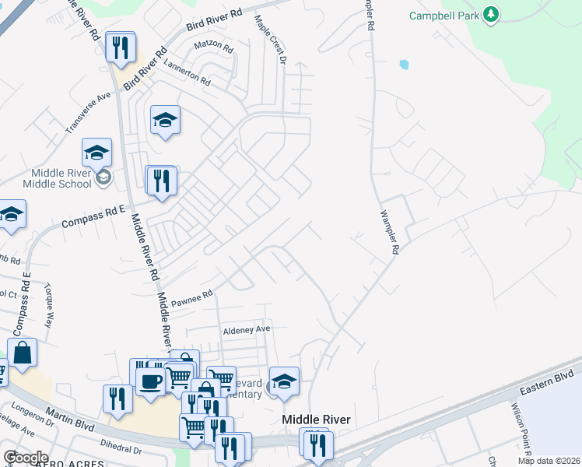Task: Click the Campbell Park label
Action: coord(444,15)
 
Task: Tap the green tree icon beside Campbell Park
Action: coord(490,15)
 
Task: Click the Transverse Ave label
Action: coord(89,113)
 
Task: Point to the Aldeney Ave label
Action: coord(246,330)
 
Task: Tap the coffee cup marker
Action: coord(149,381)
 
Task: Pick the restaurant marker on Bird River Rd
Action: coord(121,48)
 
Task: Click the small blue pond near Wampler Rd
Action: coord(403,64)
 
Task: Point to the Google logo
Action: coord(26,458)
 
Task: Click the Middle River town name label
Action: coord(316,420)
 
